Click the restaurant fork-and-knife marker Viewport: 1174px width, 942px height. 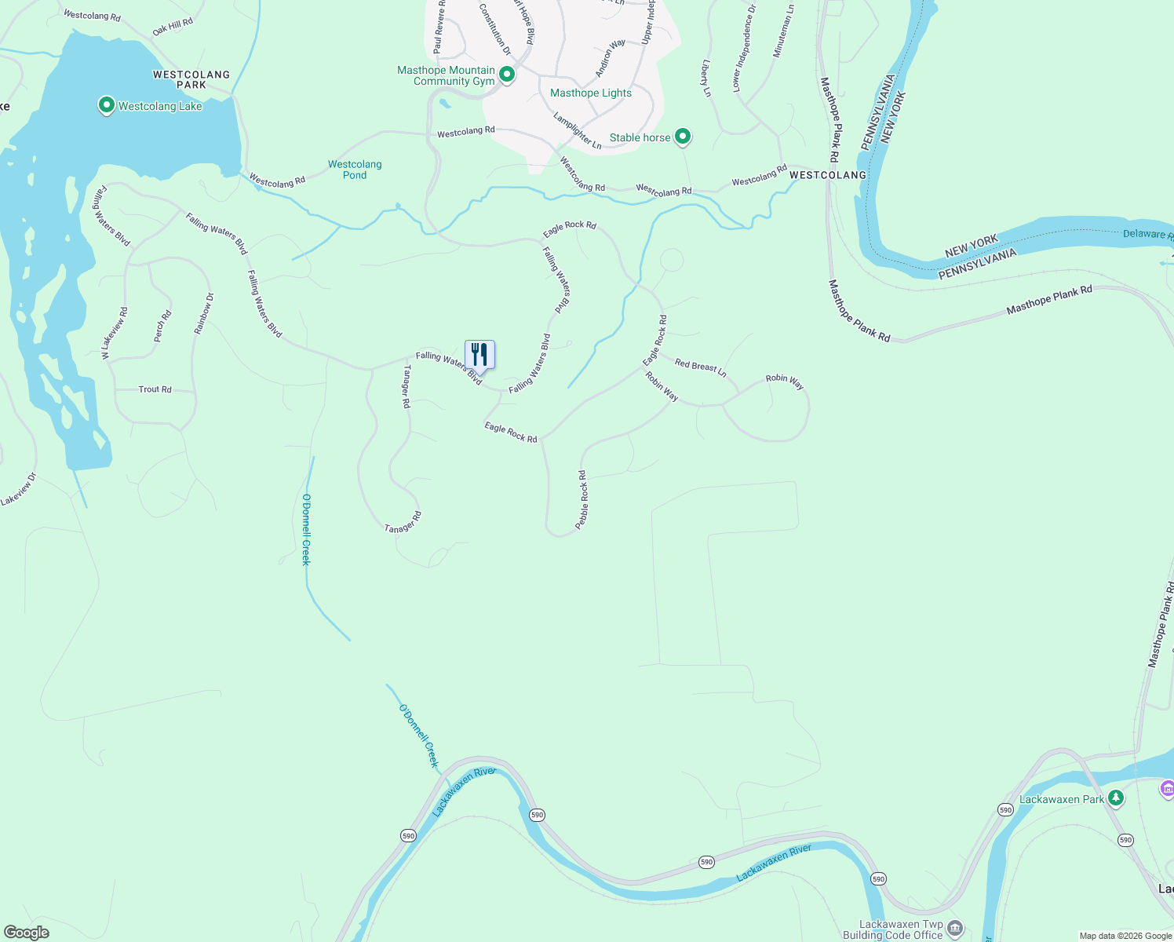click(x=479, y=355)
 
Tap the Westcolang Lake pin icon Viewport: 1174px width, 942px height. click(x=106, y=105)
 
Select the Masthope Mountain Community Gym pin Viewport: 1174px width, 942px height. click(x=507, y=75)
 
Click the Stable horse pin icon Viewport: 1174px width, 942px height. click(x=683, y=137)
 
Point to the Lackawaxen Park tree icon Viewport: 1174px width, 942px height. click(x=1115, y=798)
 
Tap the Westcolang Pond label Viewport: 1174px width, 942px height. click(x=355, y=170)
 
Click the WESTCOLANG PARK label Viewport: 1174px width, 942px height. click(x=191, y=79)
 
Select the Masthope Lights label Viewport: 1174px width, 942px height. click(x=591, y=93)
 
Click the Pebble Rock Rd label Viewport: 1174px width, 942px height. click(x=582, y=499)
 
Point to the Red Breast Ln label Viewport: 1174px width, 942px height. click(x=701, y=367)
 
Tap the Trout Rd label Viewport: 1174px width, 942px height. click(x=155, y=389)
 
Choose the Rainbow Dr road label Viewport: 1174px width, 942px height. click(x=204, y=313)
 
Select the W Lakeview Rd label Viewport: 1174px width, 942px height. click(x=113, y=334)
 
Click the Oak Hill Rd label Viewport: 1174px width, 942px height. click(x=173, y=27)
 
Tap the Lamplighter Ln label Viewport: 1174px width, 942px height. click(x=577, y=130)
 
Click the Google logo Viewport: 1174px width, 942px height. click(x=26, y=933)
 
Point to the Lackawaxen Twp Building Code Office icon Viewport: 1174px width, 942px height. click(x=955, y=929)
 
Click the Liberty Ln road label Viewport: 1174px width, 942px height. click(x=706, y=78)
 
